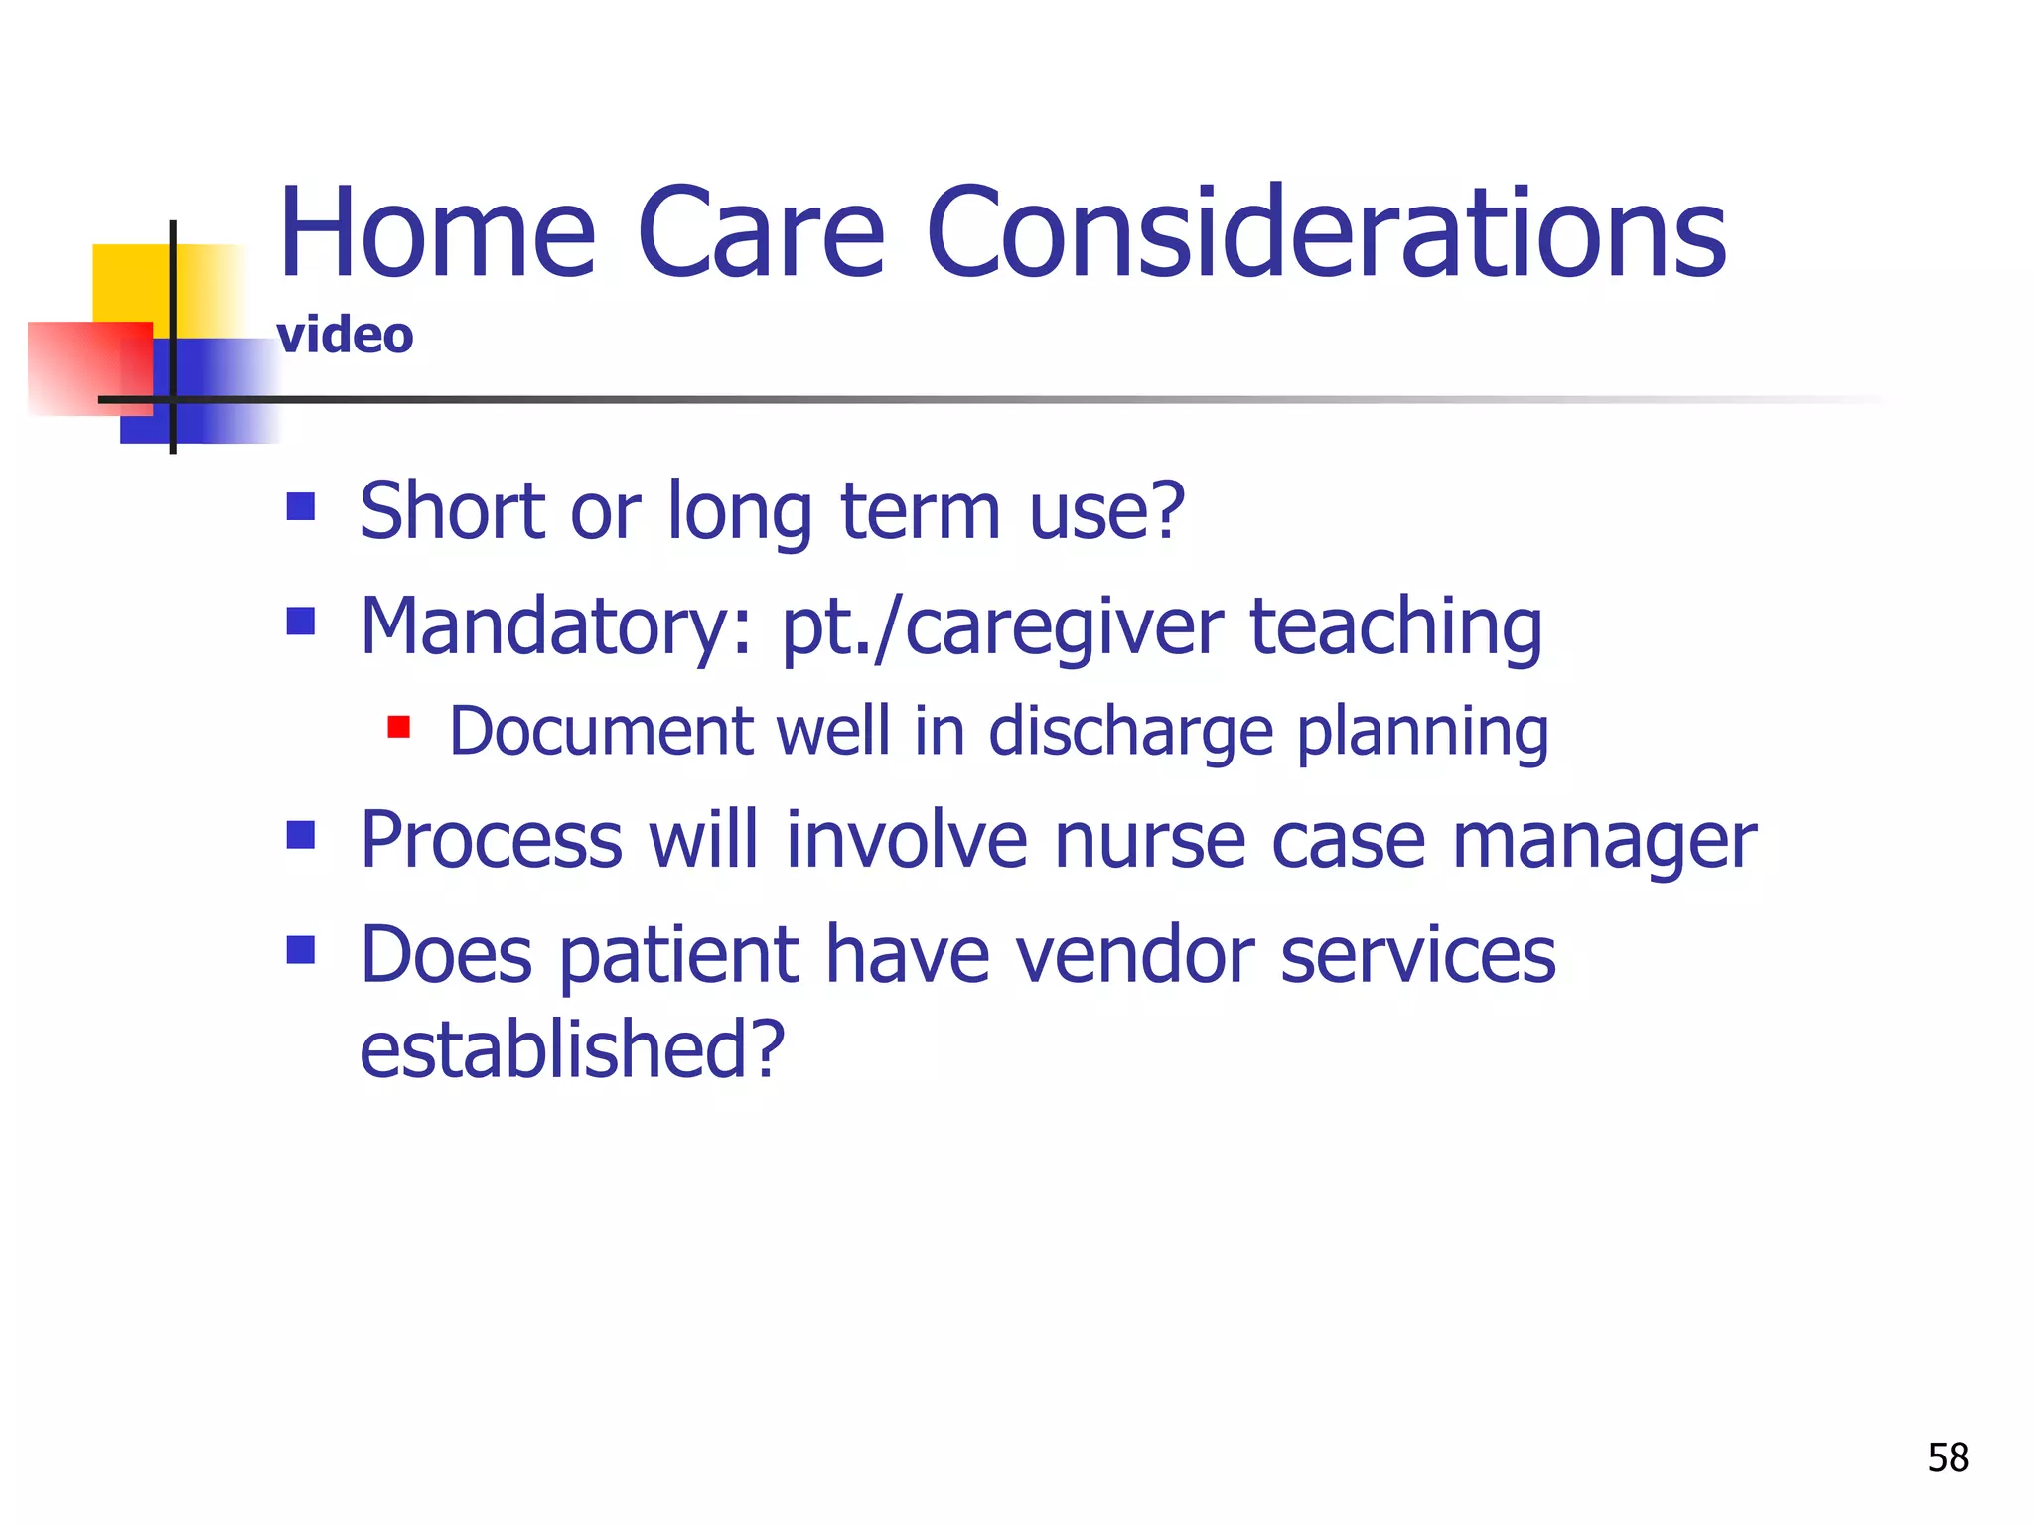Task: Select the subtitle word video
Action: pos(345,336)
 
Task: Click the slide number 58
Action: pos(1948,1458)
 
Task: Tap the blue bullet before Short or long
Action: pos(300,507)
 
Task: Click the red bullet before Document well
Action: pos(399,728)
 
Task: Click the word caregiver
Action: pos(1063,627)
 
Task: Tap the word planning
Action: pos(1422,733)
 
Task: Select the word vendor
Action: pos(1135,955)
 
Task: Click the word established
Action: pos(572,1049)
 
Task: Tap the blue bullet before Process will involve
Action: pos(300,835)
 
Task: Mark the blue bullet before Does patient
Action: pos(300,950)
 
